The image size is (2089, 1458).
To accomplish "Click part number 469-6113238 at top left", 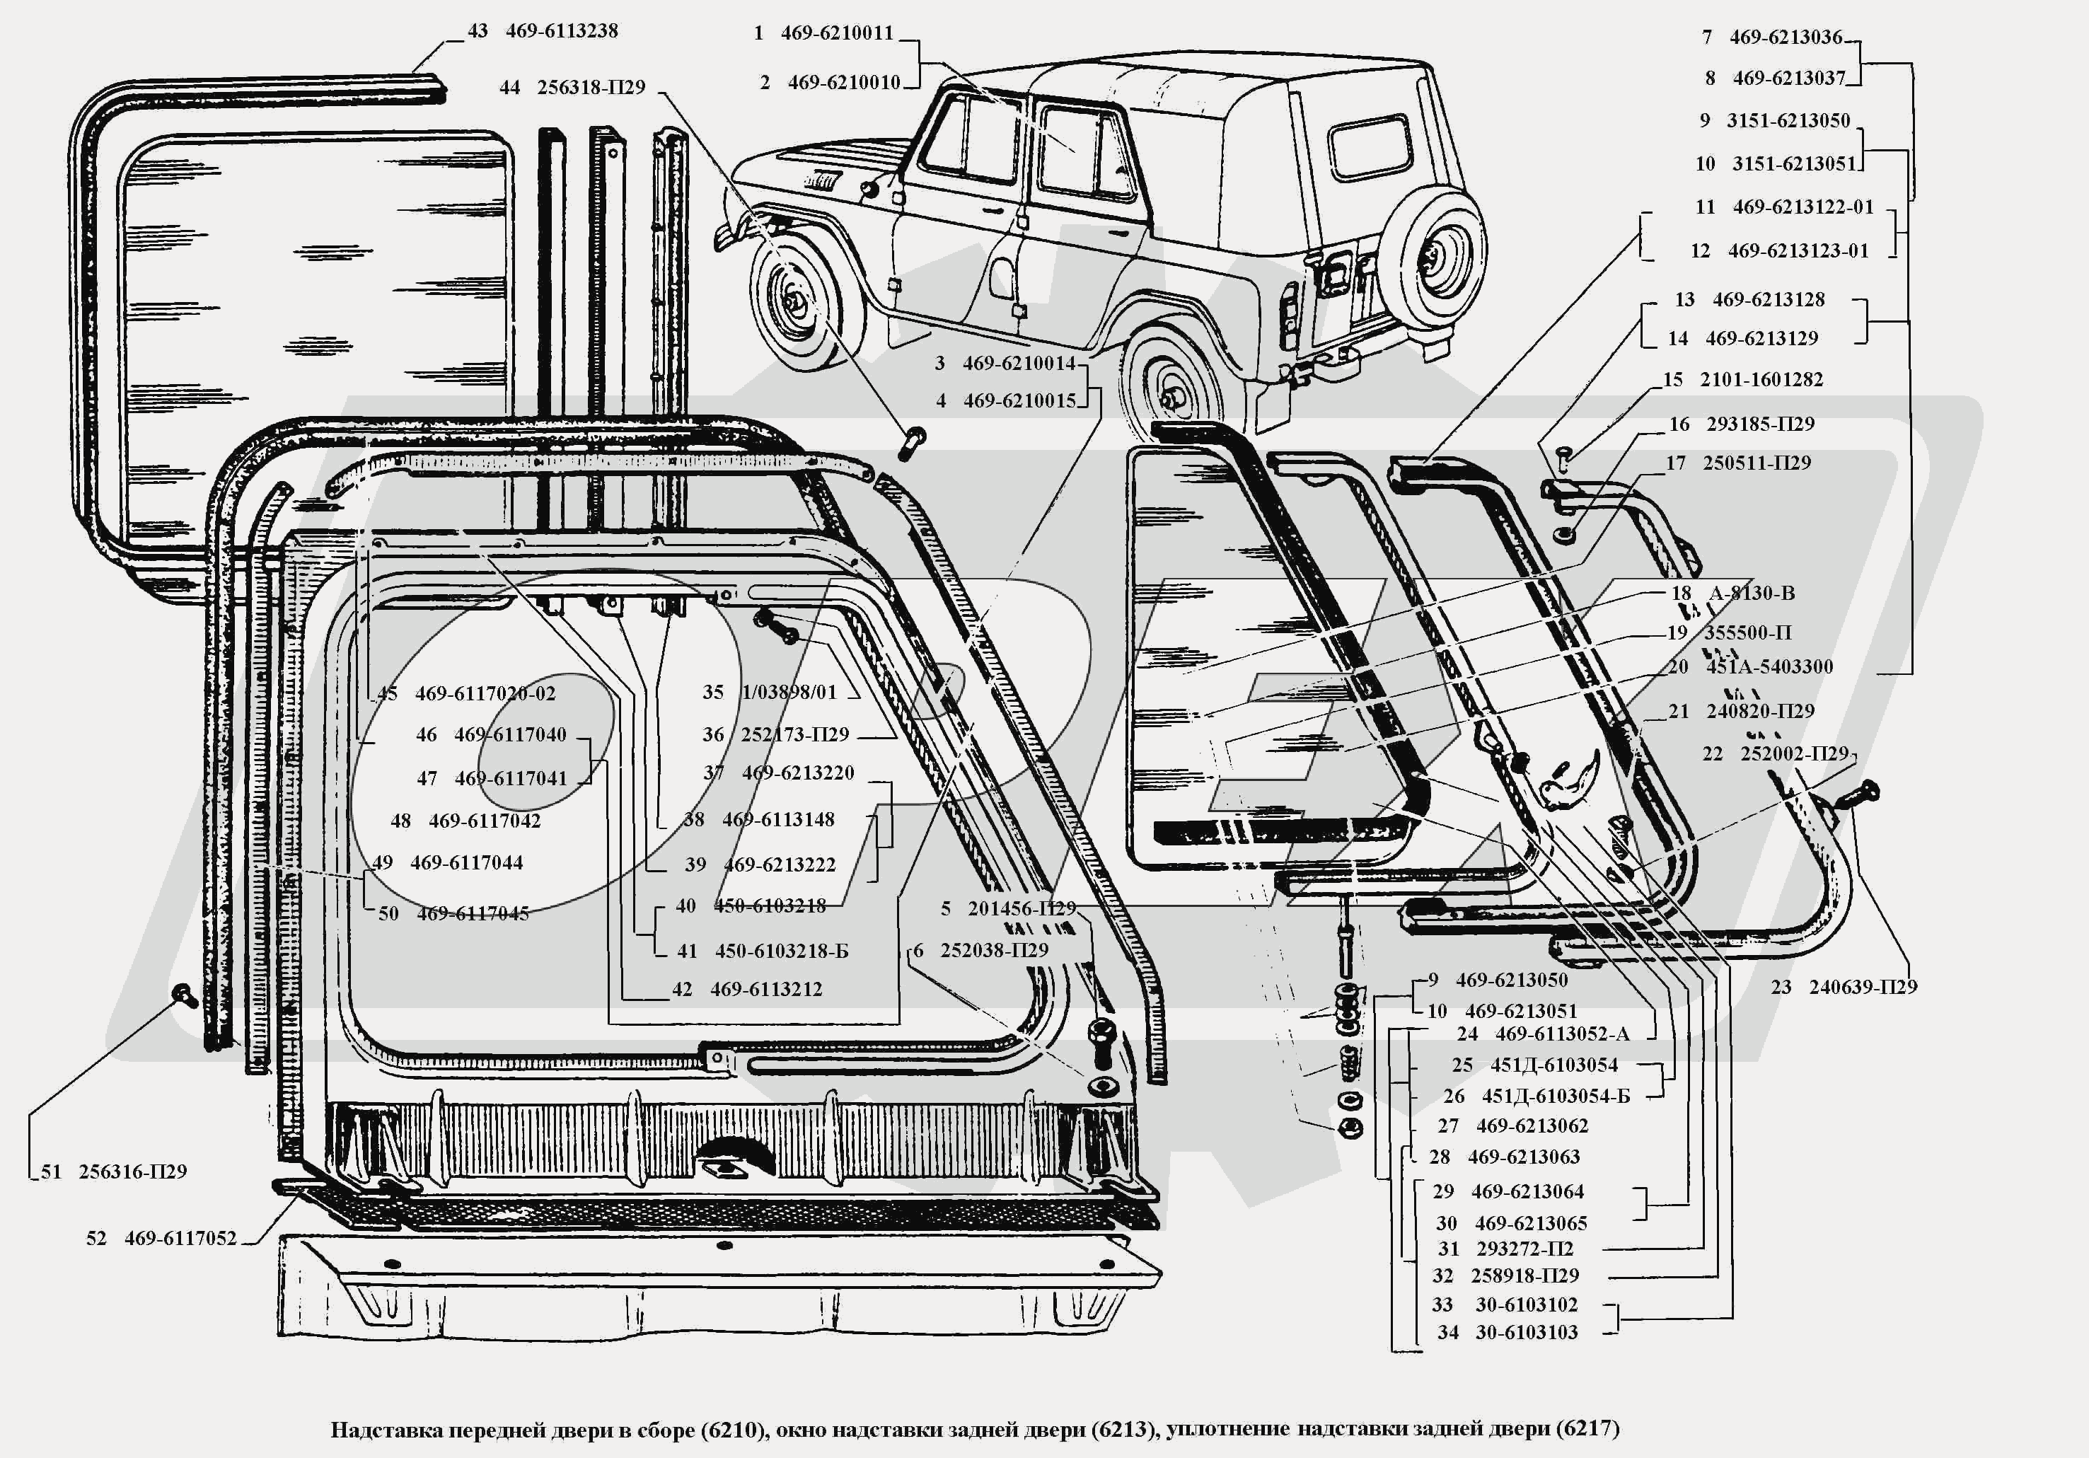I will point(562,31).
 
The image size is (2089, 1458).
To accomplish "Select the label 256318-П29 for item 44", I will point(591,88).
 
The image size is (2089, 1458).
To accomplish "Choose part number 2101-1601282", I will point(1761,379).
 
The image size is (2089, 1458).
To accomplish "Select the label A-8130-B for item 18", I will point(1752,594).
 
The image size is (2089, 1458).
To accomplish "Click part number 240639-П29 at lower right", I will point(1863,988).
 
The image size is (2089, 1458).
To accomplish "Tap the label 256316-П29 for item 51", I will point(133,1172).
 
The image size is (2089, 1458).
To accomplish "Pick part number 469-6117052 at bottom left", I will point(180,1239).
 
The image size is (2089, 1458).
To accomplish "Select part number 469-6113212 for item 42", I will point(766,989).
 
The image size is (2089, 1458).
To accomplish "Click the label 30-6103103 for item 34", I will point(1527,1332).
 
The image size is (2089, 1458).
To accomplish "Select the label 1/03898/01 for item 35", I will point(789,693).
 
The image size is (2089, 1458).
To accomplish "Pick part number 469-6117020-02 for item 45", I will point(485,693).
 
